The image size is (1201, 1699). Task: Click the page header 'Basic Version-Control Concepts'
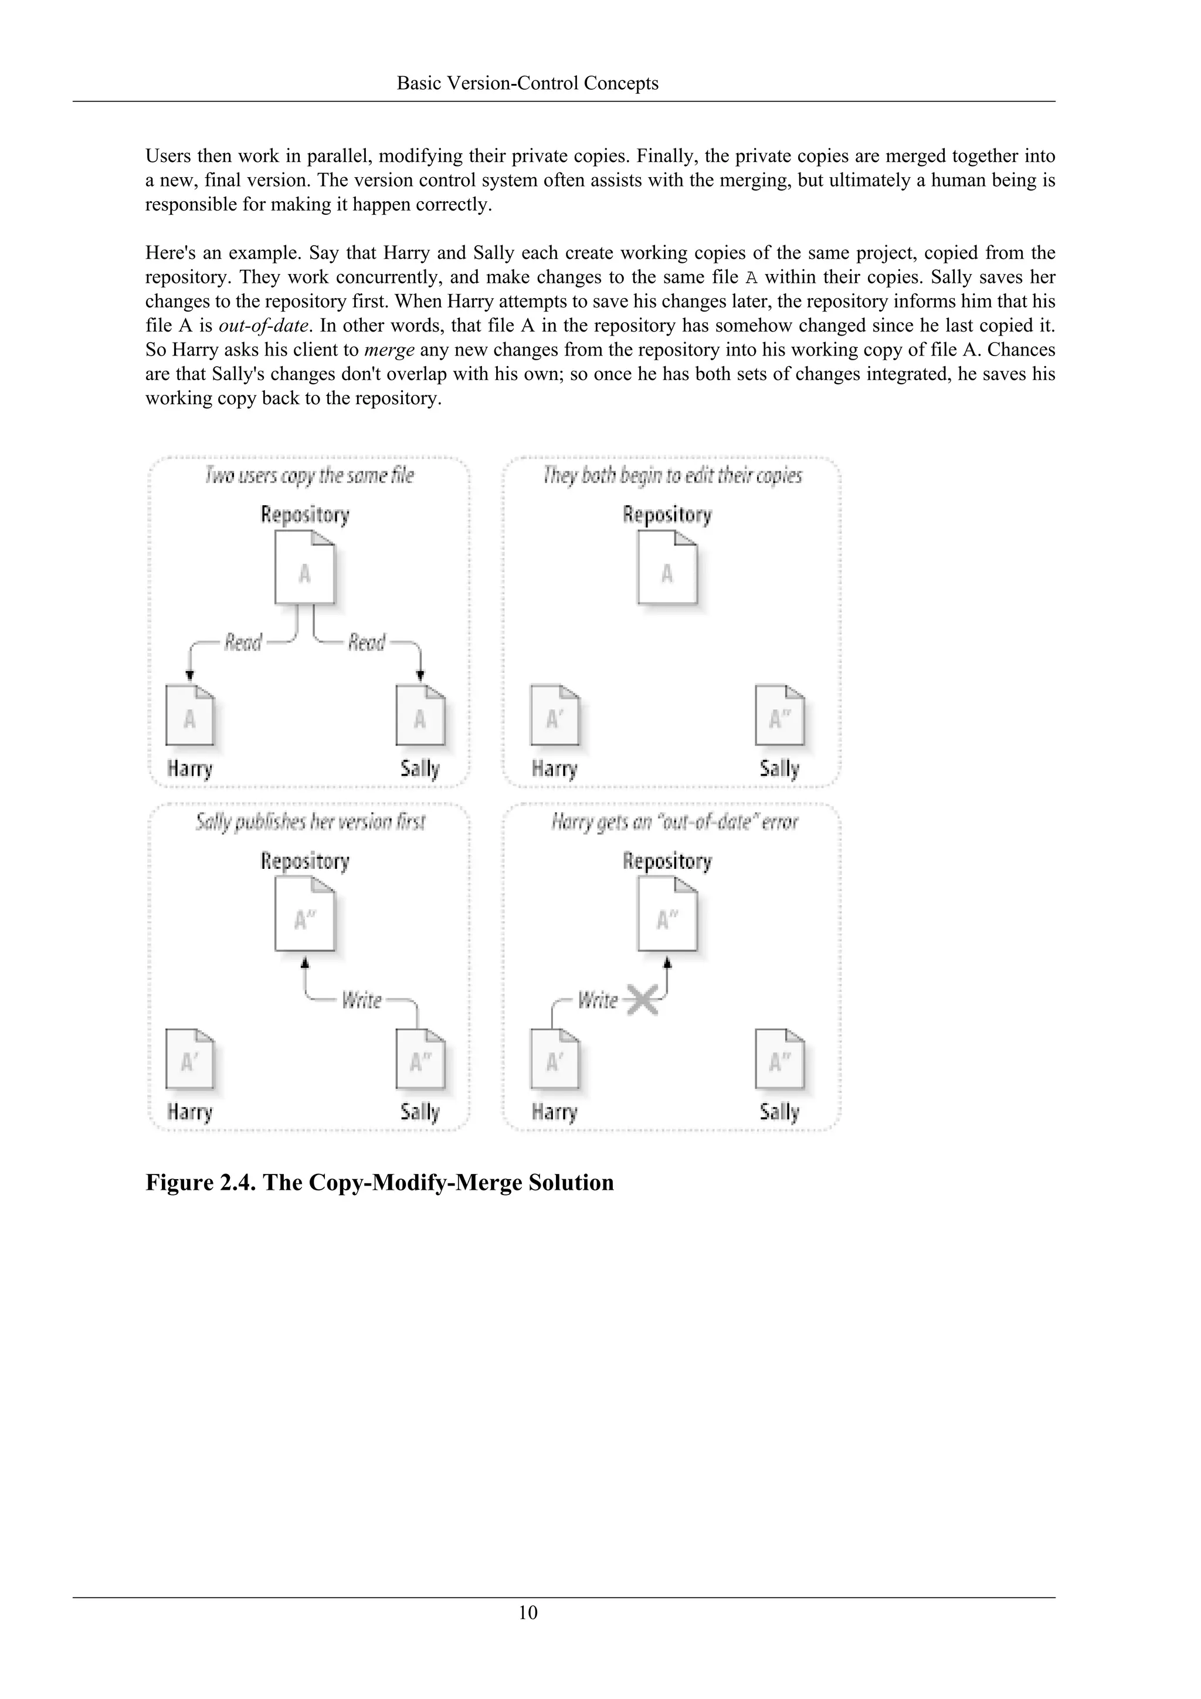point(527,83)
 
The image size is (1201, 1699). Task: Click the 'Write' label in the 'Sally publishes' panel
point(362,1000)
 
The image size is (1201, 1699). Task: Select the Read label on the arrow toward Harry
point(243,642)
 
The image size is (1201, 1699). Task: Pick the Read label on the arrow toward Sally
point(367,642)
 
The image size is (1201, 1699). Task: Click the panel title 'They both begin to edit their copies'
point(672,475)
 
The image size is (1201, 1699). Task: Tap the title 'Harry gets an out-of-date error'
point(674,821)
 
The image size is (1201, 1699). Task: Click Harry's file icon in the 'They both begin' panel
point(555,716)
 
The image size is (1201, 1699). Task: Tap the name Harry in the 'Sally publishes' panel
point(190,1112)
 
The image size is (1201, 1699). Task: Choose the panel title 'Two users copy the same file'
point(309,475)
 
